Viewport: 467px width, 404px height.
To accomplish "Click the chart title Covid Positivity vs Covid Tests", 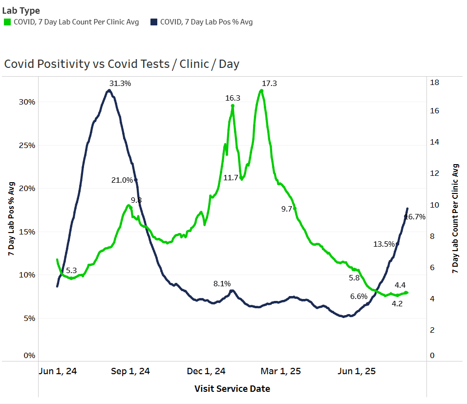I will [x=122, y=64].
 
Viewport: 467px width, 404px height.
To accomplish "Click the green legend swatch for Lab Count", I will [x=7, y=22].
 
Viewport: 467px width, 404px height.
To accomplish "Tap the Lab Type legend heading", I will [x=21, y=11].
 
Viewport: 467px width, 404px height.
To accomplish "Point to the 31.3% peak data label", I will [x=120, y=84].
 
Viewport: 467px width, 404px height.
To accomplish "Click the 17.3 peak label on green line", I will [x=269, y=84].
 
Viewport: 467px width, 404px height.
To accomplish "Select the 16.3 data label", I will [x=233, y=98].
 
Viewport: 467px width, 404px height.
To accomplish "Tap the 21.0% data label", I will [x=122, y=180].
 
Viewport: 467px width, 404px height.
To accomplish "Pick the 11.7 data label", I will [x=231, y=178].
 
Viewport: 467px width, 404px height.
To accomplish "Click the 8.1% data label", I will [x=222, y=284].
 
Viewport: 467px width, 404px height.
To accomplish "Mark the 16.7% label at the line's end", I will [x=416, y=217].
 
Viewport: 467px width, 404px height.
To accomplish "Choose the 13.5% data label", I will [x=383, y=244].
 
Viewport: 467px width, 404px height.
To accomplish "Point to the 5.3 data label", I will [x=71, y=271].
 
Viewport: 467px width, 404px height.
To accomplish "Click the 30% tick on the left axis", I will [x=27, y=102].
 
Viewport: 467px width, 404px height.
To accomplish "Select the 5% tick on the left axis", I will [x=29, y=319].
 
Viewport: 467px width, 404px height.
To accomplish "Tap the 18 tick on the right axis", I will [x=434, y=83].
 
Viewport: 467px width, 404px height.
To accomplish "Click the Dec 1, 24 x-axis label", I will [x=206, y=371].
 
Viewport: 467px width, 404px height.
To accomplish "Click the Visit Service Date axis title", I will [x=232, y=389].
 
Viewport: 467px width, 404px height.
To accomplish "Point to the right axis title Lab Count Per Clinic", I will [x=456, y=218].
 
